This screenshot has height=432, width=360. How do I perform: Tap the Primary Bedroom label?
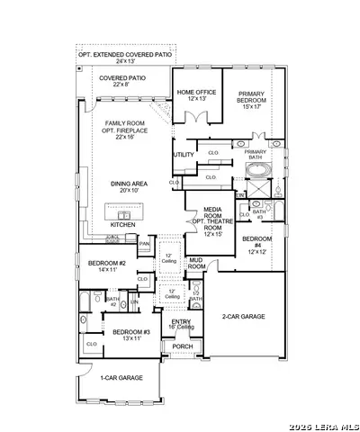click(x=256, y=99)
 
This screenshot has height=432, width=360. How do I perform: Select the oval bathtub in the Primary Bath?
click(x=256, y=169)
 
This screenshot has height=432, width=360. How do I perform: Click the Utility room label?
click(x=184, y=155)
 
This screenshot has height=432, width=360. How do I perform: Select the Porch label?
click(x=183, y=346)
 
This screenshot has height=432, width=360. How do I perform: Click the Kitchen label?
click(x=122, y=224)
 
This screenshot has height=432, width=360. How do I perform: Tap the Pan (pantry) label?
click(x=144, y=243)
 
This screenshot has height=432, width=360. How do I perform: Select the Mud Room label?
click(x=196, y=264)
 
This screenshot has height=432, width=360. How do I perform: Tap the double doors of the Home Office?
click(x=196, y=116)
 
